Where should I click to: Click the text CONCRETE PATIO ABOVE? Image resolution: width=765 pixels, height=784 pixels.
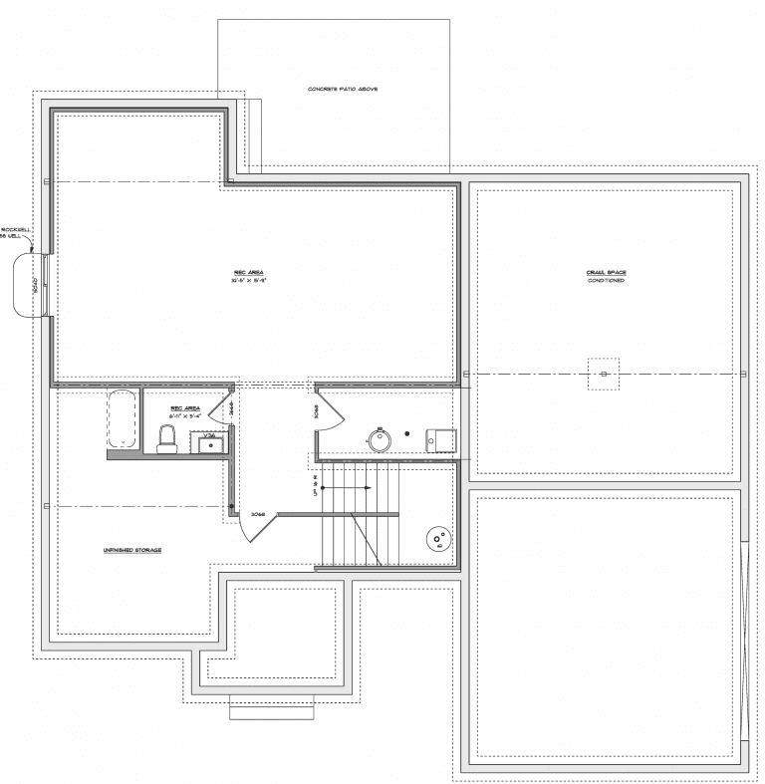coord(343,89)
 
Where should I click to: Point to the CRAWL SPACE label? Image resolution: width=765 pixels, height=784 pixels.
coord(606,272)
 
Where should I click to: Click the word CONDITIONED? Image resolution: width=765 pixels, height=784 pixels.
coord(606,281)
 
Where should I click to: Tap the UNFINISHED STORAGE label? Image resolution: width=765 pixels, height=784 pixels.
coord(131,550)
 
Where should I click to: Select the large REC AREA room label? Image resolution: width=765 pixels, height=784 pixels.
coord(249,272)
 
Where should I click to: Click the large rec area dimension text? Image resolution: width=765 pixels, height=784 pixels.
coord(249,281)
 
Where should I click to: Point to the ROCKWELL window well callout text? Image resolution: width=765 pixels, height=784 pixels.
coord(18,231)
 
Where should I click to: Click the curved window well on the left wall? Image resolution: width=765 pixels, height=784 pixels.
coord(28,286)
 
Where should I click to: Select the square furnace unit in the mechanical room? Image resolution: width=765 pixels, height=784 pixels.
coord(440,438)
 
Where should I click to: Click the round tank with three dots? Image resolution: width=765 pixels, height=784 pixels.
coord(437,540)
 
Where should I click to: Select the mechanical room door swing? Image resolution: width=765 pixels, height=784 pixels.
coord(330,410)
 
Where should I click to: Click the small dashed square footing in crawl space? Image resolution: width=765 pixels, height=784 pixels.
coord(603,374)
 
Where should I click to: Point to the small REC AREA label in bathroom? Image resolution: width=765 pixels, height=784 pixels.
coord(185,408)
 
